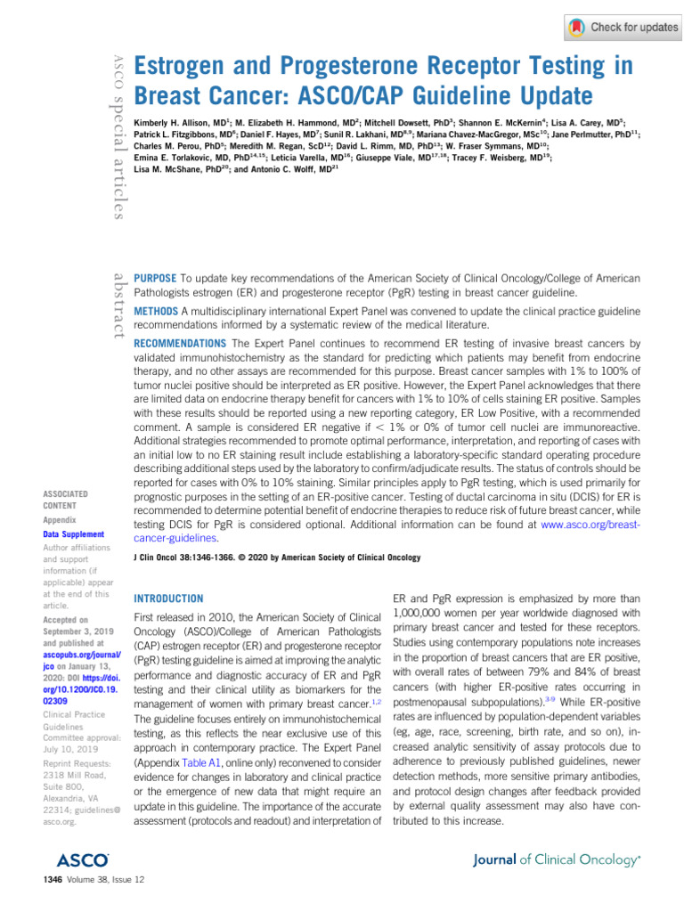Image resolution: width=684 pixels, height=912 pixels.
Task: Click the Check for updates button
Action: click(x=623, y=28)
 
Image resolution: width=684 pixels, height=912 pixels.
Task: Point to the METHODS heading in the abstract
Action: click(x=157, y=311)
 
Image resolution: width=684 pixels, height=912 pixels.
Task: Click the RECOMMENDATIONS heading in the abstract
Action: click(x=179, y=343)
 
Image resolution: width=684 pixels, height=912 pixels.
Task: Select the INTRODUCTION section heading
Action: click(x=167, y=598)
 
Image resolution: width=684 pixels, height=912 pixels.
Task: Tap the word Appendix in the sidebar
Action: click(x=61, y=518)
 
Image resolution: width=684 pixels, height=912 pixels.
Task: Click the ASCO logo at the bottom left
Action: click(x=82, y=859)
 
